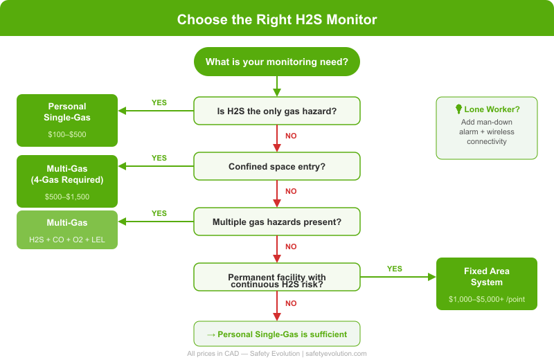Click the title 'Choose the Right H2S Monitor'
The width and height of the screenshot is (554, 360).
pos(277,19)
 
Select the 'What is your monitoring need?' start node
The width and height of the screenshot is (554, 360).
pos(277,62)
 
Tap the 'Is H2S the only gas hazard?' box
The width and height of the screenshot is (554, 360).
pos(277,111)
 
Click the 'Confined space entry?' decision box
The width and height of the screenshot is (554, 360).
pos(277,166)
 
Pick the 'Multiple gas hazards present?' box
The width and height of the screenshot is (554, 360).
pos(277,222)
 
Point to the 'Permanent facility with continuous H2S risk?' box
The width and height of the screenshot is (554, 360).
pos(277,277)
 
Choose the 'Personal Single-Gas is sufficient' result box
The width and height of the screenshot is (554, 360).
pos(277,334)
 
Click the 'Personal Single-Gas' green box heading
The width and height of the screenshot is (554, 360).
pos(67,112)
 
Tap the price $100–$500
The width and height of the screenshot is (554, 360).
pos(67,134)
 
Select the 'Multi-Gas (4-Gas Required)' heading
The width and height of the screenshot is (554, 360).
pos(67,174)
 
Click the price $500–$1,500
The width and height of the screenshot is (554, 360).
pos(67,197)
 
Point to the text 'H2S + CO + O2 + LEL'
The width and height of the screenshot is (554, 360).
pos(67,239)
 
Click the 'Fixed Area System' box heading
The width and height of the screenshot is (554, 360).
pos(487,276)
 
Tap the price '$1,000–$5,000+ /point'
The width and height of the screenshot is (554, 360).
pos(487,298)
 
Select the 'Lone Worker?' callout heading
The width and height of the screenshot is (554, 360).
pos(492,109)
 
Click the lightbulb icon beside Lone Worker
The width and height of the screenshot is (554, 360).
pos(458,109)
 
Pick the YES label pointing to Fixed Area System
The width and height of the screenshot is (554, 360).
pos(395,269)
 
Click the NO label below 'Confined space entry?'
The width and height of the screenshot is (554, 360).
pos(291,191)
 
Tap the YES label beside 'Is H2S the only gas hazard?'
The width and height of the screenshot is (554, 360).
pos(159,102)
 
